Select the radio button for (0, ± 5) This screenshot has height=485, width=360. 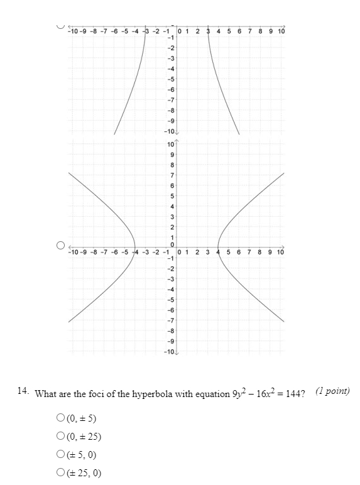point(61,417)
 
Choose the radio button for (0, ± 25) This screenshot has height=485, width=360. point(61,436)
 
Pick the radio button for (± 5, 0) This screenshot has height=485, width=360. point(61,455)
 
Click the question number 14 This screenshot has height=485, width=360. point(23,391)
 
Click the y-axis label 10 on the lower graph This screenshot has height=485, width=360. point(171,144)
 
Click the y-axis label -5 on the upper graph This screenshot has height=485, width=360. point(171,79)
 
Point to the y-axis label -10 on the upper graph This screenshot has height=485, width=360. point(169,131)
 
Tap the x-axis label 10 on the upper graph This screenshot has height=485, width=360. point(281,31)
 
